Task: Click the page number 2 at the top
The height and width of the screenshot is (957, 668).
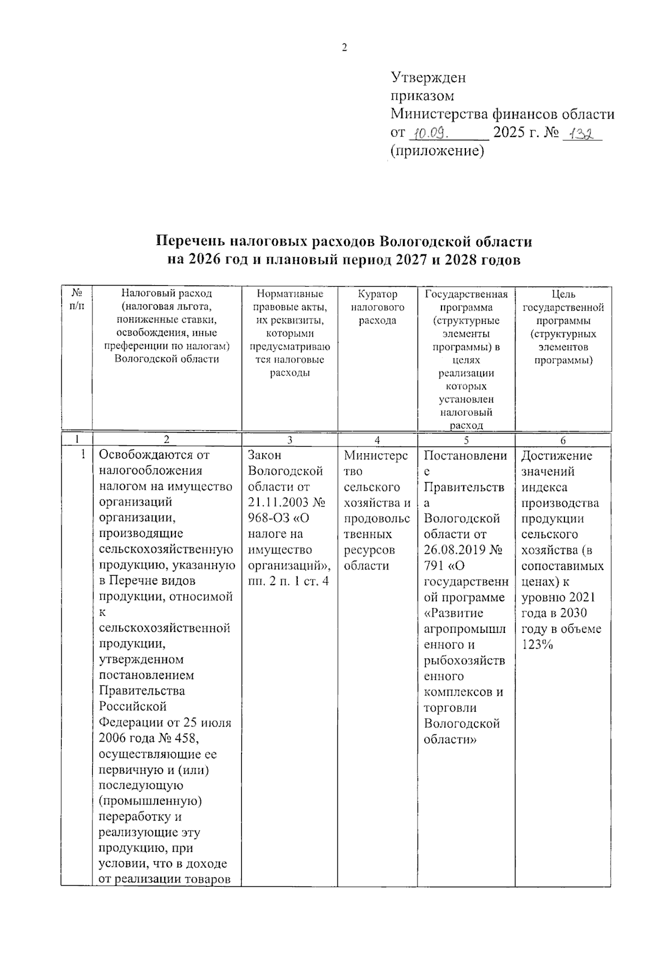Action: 344,48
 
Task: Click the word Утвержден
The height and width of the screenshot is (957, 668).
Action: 428,77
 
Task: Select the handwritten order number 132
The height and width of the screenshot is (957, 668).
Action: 582,134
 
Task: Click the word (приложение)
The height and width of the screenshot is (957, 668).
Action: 437,151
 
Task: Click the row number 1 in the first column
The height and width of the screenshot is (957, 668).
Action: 82,455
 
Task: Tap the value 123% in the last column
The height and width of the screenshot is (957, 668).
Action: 537,645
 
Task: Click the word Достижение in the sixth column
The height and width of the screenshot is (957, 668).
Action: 557,456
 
